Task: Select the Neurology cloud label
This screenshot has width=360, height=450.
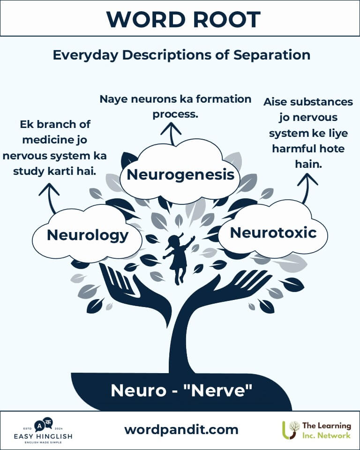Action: (x=88, y=235)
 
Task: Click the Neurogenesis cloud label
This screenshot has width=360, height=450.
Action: (x=180, y=175)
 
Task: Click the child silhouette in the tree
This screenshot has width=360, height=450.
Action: (x=179, y=258)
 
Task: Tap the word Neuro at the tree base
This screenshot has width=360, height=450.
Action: (x=136, y=390)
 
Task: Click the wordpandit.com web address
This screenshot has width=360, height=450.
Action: (x=181, y=429)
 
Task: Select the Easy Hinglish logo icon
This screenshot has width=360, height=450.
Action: (x=44, y=424)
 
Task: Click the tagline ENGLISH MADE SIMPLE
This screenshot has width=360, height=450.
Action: (x=44, y=443)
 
